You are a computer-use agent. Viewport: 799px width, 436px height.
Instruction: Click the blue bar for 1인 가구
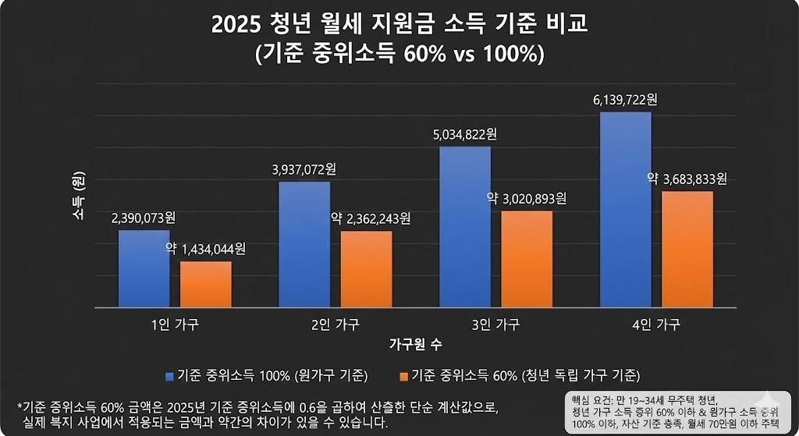[144, 268]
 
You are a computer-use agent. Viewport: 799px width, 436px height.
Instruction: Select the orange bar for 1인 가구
[206, 284]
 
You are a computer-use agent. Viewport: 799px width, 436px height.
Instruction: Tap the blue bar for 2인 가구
[304, 244]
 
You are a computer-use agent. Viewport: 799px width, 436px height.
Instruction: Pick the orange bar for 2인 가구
[366, 269]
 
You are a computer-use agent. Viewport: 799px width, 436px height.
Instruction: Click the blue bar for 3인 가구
[465, 227]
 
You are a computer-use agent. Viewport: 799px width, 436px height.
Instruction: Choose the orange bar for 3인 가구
[527, 259]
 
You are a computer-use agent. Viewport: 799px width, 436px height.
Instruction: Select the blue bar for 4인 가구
[625, 210]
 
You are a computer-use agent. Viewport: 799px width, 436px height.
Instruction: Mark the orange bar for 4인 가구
[687, 249]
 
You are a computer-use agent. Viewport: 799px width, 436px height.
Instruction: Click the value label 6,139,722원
[625, 100]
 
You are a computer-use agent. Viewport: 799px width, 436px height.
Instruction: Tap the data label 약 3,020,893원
[526, 198]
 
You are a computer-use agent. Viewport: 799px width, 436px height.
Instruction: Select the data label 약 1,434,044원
[205, 249]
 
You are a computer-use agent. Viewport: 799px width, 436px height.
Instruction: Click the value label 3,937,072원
[304, 168]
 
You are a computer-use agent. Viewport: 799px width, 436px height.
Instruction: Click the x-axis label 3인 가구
[495, 324]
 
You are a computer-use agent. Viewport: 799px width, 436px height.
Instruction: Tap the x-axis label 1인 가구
[175, 324]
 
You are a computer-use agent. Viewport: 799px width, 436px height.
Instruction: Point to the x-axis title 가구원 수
[416, 343]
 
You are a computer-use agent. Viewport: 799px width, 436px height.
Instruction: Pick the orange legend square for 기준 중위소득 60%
[403, 375]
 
